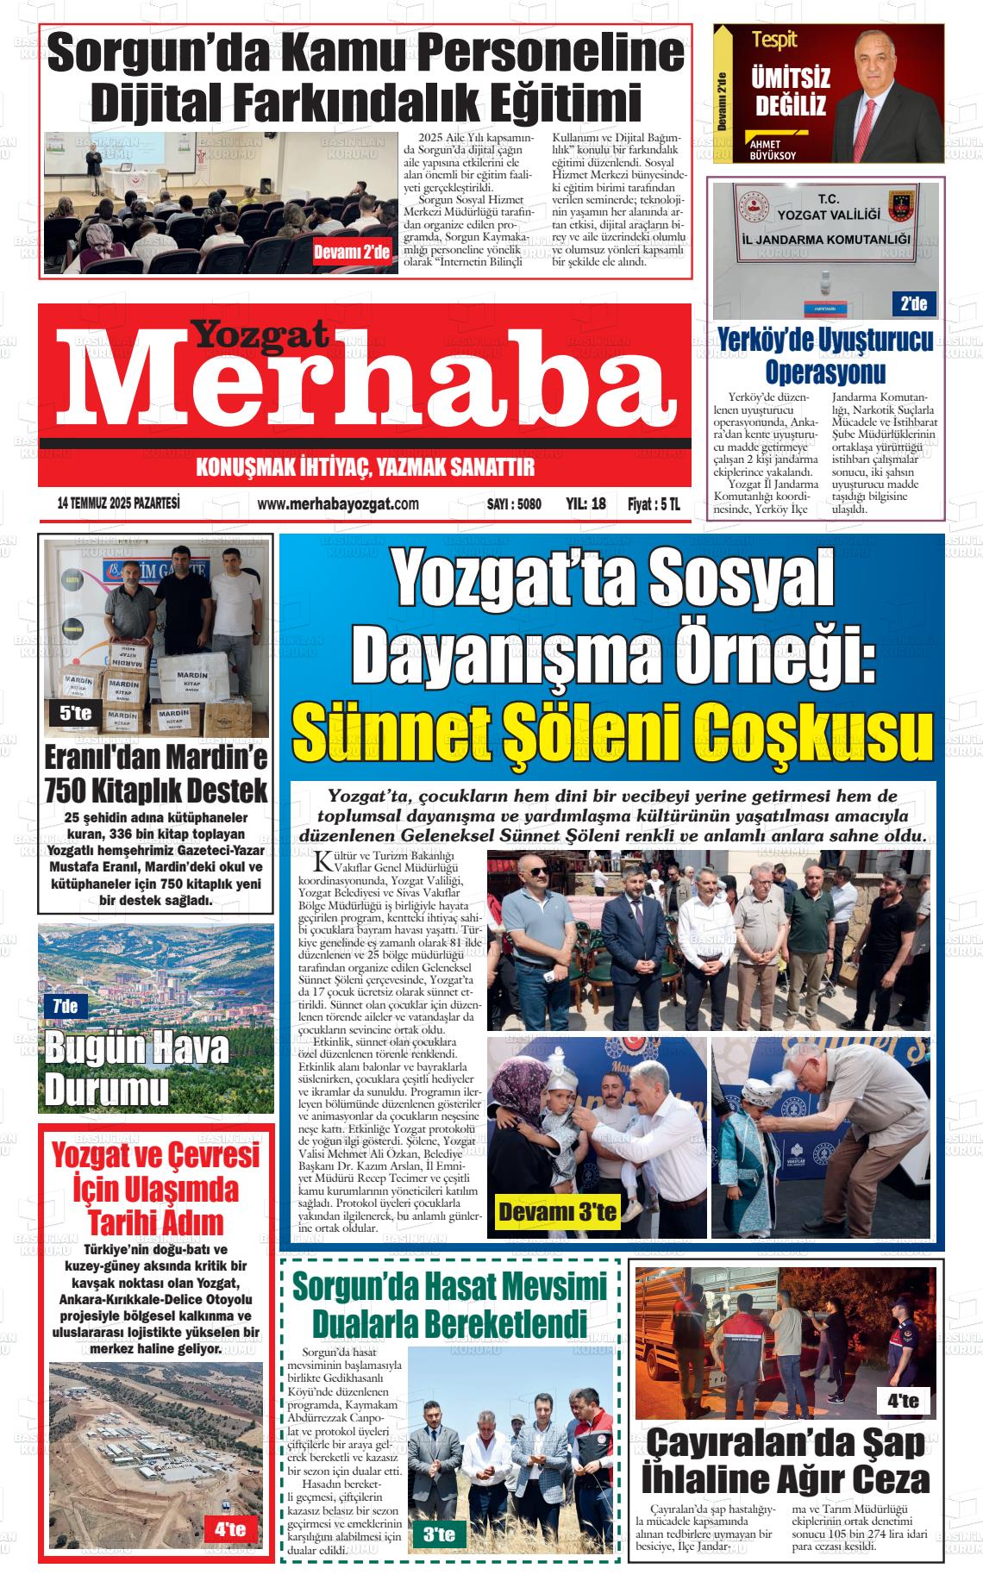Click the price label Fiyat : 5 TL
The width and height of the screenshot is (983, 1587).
[x=653, y=504]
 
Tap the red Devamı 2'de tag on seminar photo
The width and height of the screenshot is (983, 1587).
[x=352, y=252]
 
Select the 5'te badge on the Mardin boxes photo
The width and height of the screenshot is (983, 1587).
[x=76, y=713]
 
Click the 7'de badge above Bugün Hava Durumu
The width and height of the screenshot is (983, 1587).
[x=65, y=1005]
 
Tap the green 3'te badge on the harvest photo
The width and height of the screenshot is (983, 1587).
[x=440, y=1534]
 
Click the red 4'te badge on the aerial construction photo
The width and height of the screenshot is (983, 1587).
[x=224, y=1530]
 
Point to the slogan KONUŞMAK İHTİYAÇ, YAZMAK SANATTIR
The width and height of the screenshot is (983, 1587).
[x=366, y=467]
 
